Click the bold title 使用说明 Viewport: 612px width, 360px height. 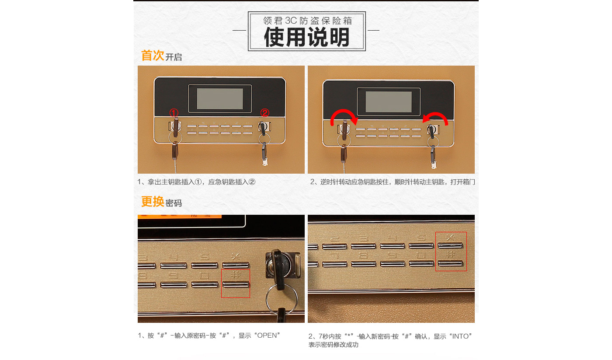pyautogui.click(x=306, y=37)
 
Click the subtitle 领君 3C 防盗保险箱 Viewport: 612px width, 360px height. pyautogui.click(x=307, y=21)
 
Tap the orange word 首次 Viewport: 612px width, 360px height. pyautogui.click(x=153, y=56)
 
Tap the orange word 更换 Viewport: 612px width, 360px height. pyautogui.click(x=153, y=202)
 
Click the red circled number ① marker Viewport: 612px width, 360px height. pyautogui.click(x=174, y=112)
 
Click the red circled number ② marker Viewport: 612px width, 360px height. pyautogui.click(x=265, y=112)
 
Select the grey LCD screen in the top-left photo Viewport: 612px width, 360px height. pyautogui.click(x=220, y=99)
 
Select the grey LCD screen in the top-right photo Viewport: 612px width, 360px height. pyautogui.click(x=389, y=102)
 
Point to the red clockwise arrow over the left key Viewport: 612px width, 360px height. pyautogui.click(x=344, y=112)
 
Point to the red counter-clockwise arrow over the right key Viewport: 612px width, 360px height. pyautogui.click(x=436, y=114)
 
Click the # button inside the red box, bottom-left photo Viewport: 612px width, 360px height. pyautogui.click(x=236, y=285)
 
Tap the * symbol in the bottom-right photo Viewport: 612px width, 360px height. pyautogui.click(x=450, y=237)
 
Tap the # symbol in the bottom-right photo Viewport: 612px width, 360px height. pyautogui.click(x=450, y=255)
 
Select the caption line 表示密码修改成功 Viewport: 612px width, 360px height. pyautogui.click(x=333, y=345)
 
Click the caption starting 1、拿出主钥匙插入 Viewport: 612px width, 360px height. pyautogui.click(x=196, y=182)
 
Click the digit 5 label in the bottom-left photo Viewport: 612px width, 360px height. pyautogui.click(x=205, y=257)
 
